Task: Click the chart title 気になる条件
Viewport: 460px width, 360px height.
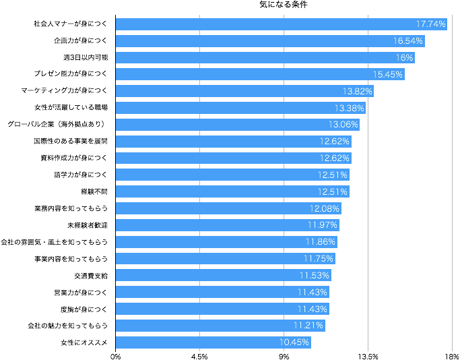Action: click(283, 5)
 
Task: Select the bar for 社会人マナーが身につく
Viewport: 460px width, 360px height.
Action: click(282, 24)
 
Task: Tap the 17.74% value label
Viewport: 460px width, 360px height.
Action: click(431, 24)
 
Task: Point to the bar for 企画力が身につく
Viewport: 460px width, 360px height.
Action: click(270, 40)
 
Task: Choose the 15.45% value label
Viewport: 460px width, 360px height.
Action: click(388, 74)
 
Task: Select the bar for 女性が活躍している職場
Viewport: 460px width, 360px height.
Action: click(240, 108)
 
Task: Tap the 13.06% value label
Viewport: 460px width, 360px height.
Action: click(343, 125)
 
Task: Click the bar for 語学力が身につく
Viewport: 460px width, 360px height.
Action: click(232, 175)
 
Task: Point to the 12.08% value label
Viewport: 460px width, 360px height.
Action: click(325, 208)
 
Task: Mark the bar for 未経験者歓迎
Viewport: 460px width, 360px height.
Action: click(228, 225)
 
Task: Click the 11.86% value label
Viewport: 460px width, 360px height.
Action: click(321, 242)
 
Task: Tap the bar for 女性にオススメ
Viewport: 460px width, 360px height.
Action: click(213, 342)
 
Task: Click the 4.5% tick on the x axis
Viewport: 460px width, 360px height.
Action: click(199, 356)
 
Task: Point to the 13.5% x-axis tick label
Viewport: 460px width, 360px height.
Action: click(368, 356)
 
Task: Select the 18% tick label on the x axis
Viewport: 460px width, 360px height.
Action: click(452, 356)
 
